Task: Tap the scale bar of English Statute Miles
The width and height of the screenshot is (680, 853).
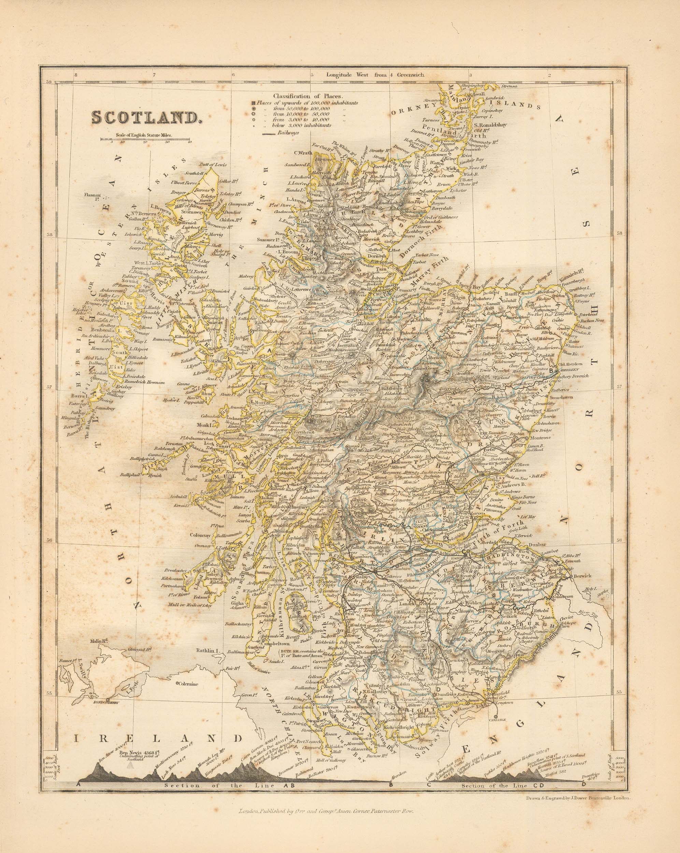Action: (145, 139)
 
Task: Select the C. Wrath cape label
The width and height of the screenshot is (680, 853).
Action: (301, 153)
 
